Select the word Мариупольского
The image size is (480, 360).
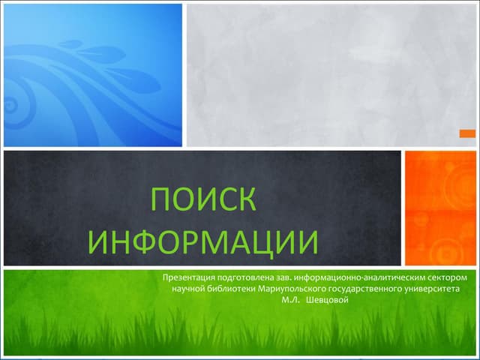tap(292, 289)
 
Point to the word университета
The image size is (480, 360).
tap(431, 289)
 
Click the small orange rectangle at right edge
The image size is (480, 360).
tap(467, 133)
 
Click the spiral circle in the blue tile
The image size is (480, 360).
tap(11, 105)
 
